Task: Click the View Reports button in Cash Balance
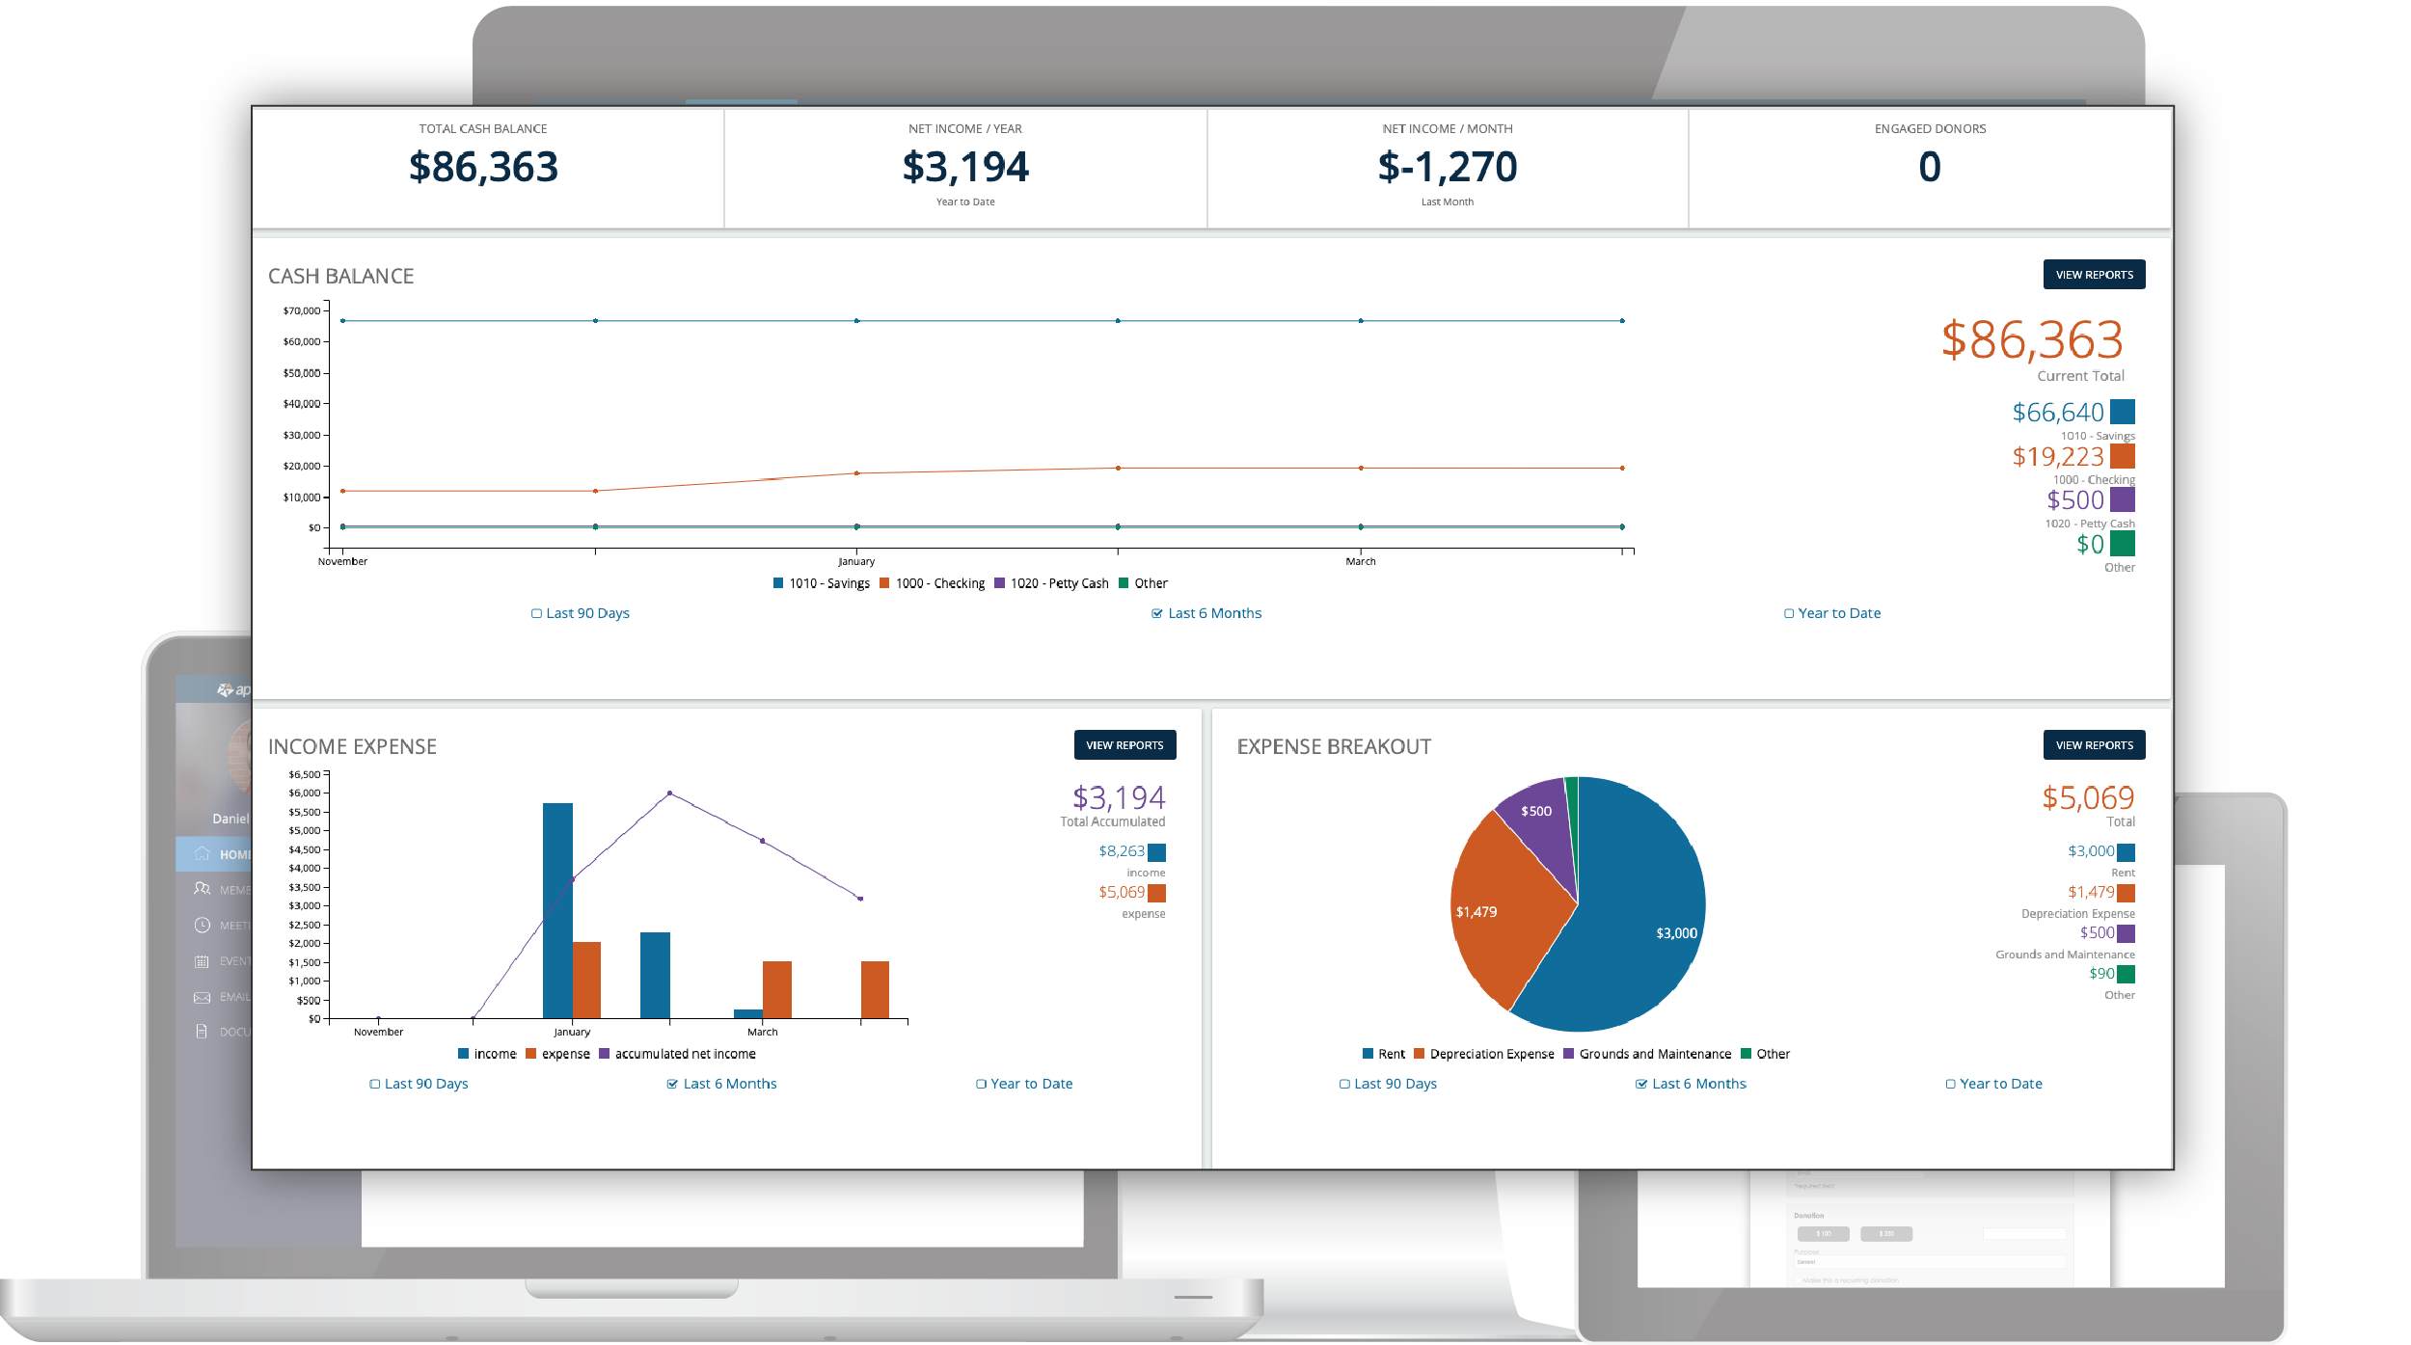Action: pos(2093,275)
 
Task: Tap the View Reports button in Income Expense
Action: pos(1124,745)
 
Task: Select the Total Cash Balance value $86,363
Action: pos(483,168)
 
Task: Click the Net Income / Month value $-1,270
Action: pos(1447,168)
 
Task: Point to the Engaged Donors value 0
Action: pos(1929,168)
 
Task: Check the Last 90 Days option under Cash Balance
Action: pos(581,613)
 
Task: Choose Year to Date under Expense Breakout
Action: pos(1993,1084)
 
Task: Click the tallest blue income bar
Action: pos(557,906)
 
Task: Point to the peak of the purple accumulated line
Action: pos(669,794)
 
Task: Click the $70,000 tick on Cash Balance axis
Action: pos(301,310)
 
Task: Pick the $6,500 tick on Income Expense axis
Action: pos(304,774)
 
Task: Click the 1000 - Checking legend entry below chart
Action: pos(933,583)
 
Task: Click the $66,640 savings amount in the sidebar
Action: pos(2057,413)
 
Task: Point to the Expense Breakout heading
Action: pos(1334,746)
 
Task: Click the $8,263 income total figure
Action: pos(1121,851)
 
